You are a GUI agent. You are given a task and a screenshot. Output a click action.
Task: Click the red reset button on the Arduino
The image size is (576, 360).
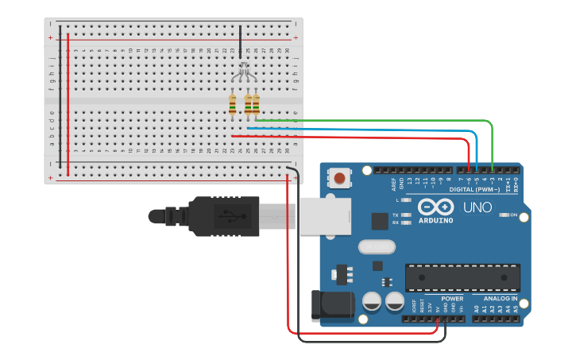point(340,178)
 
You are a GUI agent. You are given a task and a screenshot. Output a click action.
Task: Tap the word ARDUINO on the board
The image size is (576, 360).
point(435,220)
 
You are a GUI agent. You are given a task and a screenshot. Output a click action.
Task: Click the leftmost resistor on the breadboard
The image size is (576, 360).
point(232,104)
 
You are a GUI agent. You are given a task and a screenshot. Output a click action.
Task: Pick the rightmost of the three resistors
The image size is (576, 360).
point(256,104)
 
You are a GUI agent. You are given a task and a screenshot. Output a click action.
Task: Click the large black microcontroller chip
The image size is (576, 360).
point(462,277)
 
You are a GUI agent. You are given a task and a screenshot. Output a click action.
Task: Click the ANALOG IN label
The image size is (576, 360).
point(500,299)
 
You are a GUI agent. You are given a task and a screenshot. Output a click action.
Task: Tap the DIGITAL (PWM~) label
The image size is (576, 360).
point(474,190)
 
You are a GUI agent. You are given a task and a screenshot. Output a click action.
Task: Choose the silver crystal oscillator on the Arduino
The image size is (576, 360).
point(376,247)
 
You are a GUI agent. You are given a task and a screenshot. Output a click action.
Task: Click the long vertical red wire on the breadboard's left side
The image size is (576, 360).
point(68,103)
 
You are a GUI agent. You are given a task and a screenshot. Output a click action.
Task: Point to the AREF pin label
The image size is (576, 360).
point(394,184)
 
